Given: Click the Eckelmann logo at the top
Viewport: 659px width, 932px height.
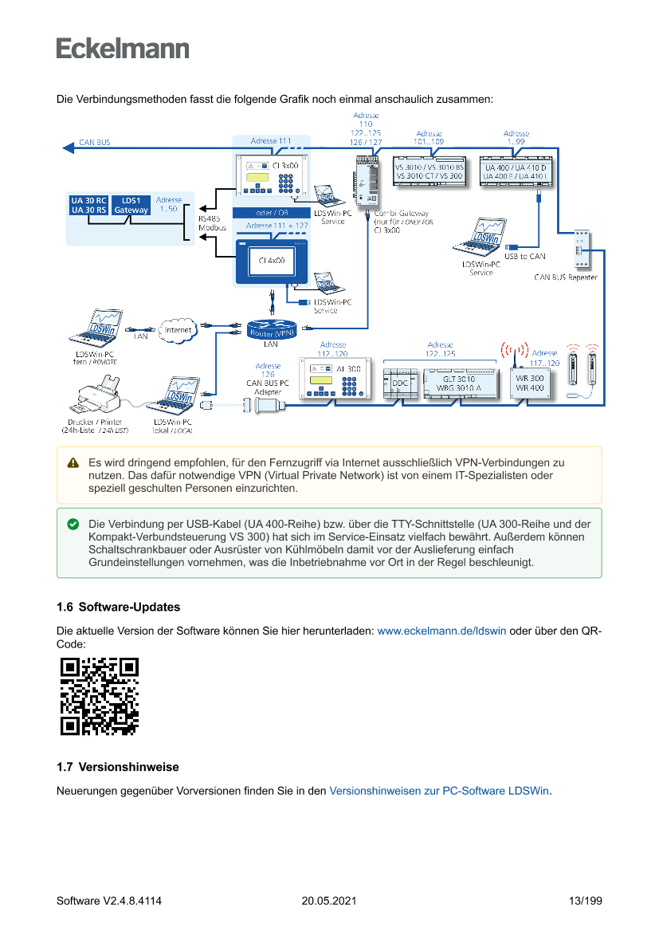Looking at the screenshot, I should click(123, 48).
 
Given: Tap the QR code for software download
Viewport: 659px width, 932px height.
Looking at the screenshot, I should click(100, 695).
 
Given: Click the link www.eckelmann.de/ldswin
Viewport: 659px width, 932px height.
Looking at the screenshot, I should click(441, 631).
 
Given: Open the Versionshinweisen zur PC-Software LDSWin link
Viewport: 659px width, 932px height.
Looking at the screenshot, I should click(439, 791).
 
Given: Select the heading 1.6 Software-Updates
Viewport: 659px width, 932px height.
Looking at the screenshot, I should click(118, 608).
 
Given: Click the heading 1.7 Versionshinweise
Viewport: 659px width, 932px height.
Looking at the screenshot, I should click(117, 767).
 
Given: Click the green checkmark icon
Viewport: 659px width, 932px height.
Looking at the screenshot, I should click(73, 525).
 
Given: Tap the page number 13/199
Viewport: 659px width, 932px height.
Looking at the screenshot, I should click(585, 901).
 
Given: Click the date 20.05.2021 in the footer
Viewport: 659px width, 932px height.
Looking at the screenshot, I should click(328, 901).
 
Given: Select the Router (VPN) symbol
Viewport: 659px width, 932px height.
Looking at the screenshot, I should click(272, 329).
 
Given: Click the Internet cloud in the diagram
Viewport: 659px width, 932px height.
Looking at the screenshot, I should click(178, 329).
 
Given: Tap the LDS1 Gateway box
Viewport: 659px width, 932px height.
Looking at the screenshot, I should click(131, 205).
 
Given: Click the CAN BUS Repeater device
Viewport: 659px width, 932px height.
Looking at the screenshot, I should click(581, 250).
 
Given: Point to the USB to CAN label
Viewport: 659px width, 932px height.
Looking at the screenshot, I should click(524, 256).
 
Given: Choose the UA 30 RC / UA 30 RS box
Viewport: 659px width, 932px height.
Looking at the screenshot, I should click(88, 205).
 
